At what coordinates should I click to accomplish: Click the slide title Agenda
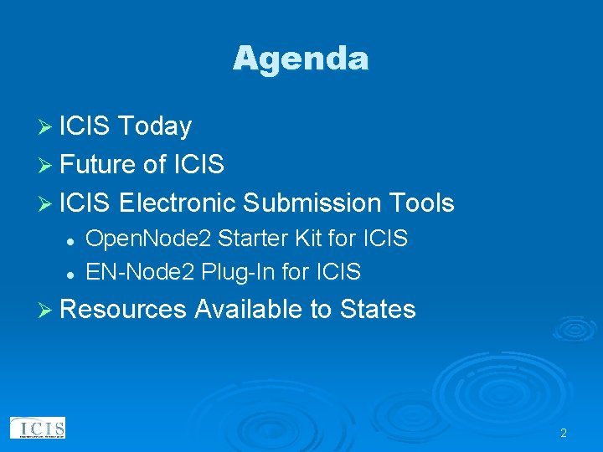pyautogui.click(x=301, y=59)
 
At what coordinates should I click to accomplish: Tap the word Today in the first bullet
pyautogui.click(x=155, y=126)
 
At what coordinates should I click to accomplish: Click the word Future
pyautogui.click(x=98, y=165)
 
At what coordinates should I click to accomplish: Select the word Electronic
pyautogui.click(x=177, y=203)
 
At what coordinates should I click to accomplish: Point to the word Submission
pyautogui.click(x=311, y=203)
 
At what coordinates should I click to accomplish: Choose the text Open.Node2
pyautogui.click(x=149, y=239)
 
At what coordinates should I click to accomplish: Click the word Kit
pyautogui.click(x=307, y=239)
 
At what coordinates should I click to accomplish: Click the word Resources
pyautogui.click(x=123, y=310)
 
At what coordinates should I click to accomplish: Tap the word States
pyautogui.click(x=378, y=310)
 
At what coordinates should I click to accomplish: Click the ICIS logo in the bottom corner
pyautogui.click(x=38, y=429)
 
